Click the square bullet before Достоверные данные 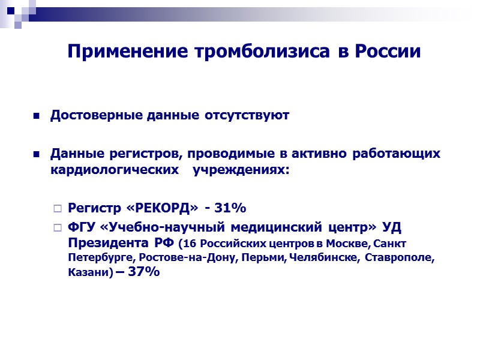pos(37,116)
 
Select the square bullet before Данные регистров pos(37,155)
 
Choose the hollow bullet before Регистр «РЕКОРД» pos(58,209)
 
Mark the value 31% pos(226,208)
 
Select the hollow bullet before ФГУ pos(58,228)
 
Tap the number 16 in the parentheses pos(190,244)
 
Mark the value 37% pos(144,272)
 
